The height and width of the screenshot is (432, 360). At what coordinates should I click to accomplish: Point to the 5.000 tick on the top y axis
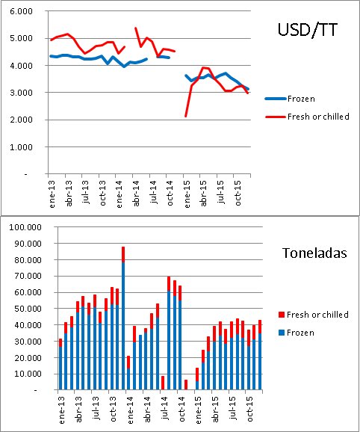click(x=20, y=39)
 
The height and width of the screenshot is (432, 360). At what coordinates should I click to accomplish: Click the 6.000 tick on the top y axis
click(x=20, y=12)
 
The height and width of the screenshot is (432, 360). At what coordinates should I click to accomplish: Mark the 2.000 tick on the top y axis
click(x=20, y=120)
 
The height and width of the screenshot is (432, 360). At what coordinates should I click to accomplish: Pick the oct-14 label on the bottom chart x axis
click(x=180, y=408)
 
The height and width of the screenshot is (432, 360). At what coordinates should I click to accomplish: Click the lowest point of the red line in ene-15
click(x=186, y=116)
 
